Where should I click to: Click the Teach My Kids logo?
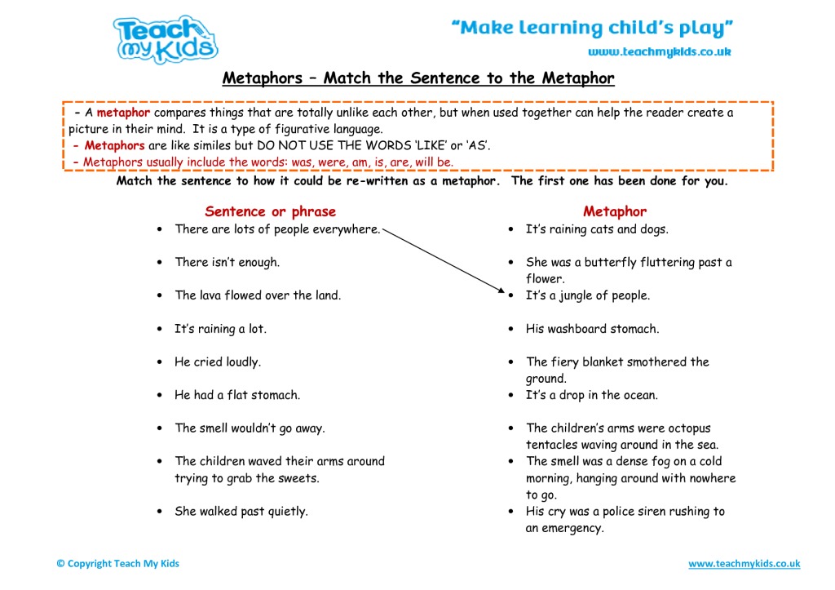coord(166,39)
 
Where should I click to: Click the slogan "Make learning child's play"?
coord(592,29)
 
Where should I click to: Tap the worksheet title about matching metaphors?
coord(418,79)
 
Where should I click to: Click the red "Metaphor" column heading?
coord(615,212)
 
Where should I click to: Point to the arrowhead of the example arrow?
coord(499,291)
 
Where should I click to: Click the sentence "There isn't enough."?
coord(227,263)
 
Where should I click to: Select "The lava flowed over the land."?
coord(258,295)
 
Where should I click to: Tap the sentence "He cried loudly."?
coord(217,362)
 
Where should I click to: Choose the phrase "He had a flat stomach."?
coord(237,395)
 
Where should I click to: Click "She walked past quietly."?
coord(241,512)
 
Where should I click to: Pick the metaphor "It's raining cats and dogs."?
coord(597,229)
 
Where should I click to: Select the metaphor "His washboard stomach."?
coord(592,329)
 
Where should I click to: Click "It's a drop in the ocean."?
coord(591,395)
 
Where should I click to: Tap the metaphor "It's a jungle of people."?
coord(587,295)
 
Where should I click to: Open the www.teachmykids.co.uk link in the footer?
coord(744,564)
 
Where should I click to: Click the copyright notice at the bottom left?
coord(118,564)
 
